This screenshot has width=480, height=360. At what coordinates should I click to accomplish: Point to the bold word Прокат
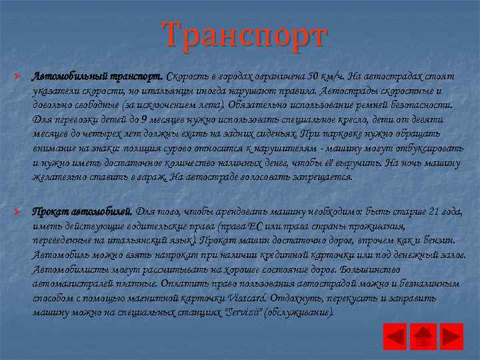pos(49,213)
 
